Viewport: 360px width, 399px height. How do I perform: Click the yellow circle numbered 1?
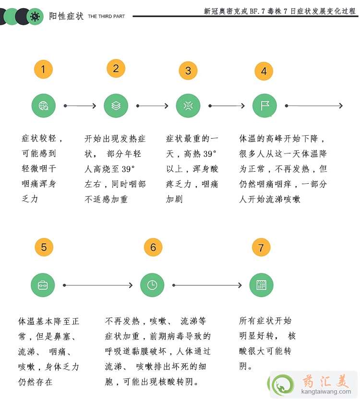coord(43,70)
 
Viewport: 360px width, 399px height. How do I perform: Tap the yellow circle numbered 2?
coord(116,69)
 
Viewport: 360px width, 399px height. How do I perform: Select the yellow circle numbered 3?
coord(188,71)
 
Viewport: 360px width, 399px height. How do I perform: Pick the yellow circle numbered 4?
coord(264,71)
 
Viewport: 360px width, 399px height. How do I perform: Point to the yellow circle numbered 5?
coord(44,247)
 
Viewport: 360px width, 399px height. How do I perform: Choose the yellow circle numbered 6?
coord(153,247)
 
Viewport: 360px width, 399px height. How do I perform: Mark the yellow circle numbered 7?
coord(261,248)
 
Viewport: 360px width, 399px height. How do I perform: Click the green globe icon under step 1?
coord(43,106)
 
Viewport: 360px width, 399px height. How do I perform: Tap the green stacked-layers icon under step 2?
coord(116,106)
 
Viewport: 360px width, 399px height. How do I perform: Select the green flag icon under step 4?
coord(264,106)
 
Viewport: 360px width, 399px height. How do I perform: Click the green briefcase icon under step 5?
coord(43,285)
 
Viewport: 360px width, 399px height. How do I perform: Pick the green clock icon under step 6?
coord(152,285)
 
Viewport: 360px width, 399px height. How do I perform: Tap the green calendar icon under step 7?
coord(261,285)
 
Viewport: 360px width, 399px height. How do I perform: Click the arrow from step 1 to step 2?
coord(80,106)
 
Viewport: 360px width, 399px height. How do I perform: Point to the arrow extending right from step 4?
coord(314,106)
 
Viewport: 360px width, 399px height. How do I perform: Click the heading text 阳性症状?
coord(66,16)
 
